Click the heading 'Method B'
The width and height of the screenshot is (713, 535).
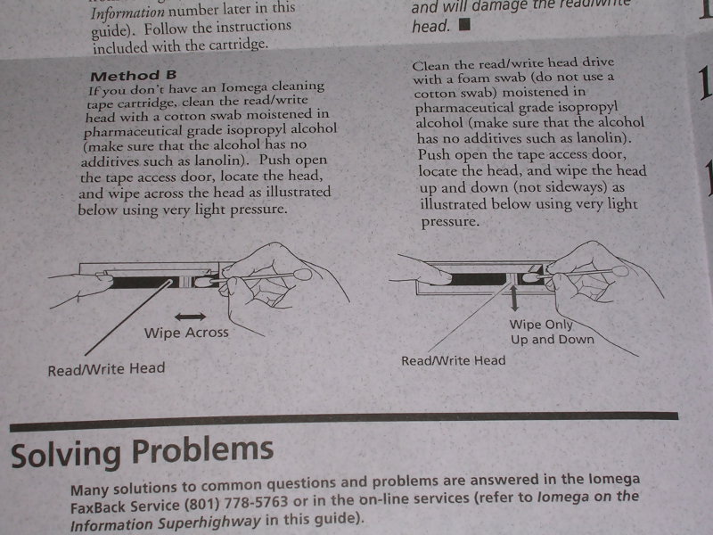[x=133, y=76]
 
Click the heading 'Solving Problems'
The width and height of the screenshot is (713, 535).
[x=143, y=452]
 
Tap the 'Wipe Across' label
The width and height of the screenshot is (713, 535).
[x=186, y=333]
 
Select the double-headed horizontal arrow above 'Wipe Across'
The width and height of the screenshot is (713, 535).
[x=190, y=317]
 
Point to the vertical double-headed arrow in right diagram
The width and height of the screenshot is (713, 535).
[x=514, y=298]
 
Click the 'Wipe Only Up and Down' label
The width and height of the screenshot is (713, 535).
[x=552, y=332]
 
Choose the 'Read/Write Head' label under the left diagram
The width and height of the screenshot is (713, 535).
[x=106, y=369]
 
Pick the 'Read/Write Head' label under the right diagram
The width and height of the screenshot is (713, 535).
[x=454, y=361]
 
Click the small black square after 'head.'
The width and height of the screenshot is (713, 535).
[x=464, y=24]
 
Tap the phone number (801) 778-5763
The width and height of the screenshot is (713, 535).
[x=236, y=503]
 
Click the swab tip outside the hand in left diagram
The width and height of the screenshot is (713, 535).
[x=303, y=274]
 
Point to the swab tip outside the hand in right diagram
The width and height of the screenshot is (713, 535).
[x=619, y=271]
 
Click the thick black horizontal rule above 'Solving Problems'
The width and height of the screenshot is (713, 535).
[x=344, y=421]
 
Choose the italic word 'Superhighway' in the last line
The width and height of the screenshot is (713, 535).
[x=209, y=522]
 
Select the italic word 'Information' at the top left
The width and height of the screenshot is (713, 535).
[x=127, y=12]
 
